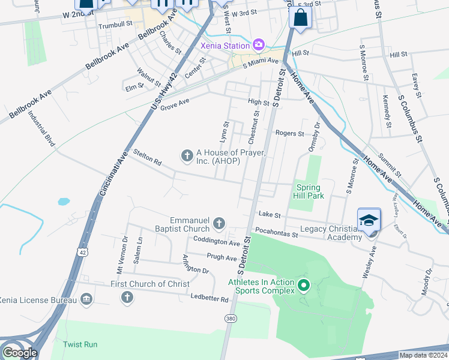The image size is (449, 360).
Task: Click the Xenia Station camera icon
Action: tap(259, 45)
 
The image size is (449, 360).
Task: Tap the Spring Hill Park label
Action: tap(309, 191)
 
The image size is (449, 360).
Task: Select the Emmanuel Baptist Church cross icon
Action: tap(219, 224)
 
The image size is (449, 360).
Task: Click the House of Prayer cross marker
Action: tap(187, 156)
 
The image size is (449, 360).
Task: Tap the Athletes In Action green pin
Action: tap(303, 286)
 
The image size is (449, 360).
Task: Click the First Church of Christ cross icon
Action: tap(127, 296)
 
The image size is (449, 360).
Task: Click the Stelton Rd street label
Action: tap(148, 158)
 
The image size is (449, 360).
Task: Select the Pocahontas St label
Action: tap(276, 232)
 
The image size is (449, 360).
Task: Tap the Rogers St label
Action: tap(289, 133)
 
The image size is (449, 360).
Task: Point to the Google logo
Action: tap(19, 353)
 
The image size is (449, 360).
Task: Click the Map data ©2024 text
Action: tap(423, 355)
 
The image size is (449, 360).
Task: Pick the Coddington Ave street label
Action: tap(216, 241)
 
